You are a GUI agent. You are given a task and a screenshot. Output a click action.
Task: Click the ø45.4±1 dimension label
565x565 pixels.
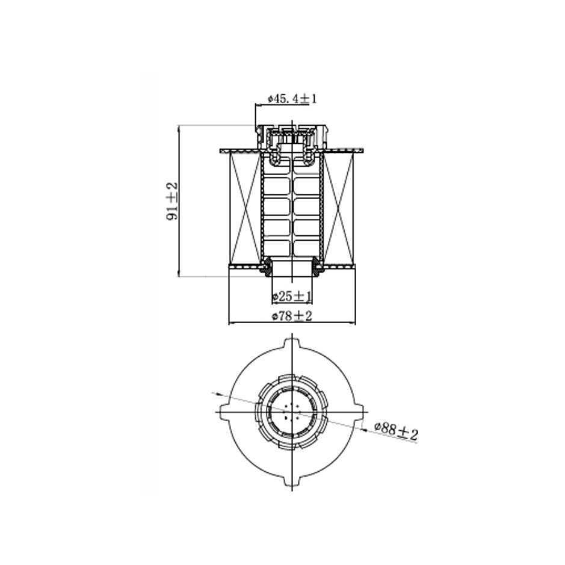[292, 99]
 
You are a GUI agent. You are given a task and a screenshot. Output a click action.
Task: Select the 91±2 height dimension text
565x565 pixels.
[172, 202]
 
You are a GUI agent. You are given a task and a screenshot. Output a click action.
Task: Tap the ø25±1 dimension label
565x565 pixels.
[292, 297]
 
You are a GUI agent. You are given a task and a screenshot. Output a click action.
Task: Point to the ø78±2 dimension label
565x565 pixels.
[292, 316]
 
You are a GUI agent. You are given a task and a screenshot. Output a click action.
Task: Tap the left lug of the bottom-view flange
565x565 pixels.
[224, 411]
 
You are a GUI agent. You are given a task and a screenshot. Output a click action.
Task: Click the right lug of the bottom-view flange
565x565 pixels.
[360, 411]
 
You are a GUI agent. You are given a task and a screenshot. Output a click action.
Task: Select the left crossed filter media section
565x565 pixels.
[245, 208]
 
